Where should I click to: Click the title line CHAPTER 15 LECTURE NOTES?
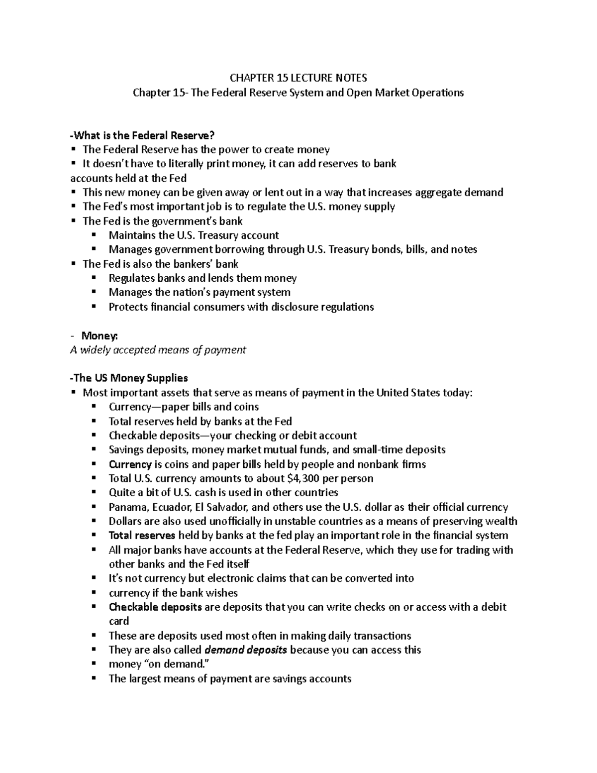298,78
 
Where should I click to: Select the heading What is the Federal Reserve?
144,135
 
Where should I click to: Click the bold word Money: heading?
99,335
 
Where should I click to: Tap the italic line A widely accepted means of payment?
158,350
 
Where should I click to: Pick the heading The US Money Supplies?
129,378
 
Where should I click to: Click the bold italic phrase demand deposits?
246,650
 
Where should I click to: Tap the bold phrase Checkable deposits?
155,607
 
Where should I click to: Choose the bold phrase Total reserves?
142,536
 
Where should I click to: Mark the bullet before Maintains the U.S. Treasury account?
94,235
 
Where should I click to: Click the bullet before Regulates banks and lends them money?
94,278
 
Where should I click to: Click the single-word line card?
118,621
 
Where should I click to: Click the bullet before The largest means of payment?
94,678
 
